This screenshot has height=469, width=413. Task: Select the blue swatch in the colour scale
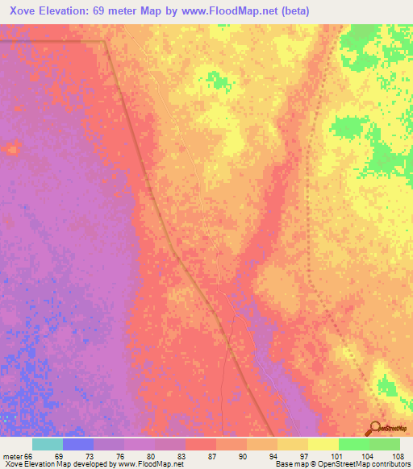(78, 444)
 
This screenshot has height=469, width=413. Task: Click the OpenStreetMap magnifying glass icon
(374, 428)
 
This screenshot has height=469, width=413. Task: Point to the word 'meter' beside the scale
(12, 456)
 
